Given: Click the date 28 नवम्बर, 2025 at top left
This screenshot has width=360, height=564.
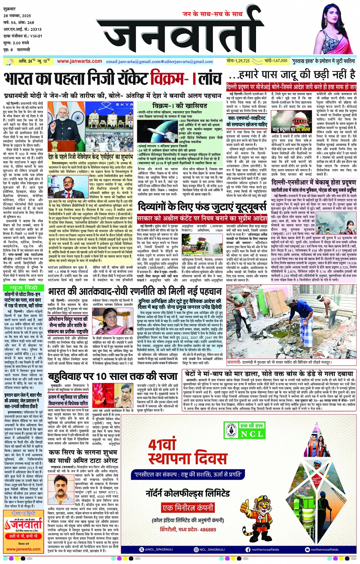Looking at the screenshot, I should (x=17, y=16).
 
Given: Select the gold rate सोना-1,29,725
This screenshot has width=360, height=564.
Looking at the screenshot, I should (x=238, y=61).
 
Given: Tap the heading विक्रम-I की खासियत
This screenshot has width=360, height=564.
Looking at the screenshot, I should (x=179, y=106).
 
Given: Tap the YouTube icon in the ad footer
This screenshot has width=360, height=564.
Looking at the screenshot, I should (x=307, y=550).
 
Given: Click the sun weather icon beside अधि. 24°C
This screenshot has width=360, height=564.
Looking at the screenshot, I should (x=9, y=61).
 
